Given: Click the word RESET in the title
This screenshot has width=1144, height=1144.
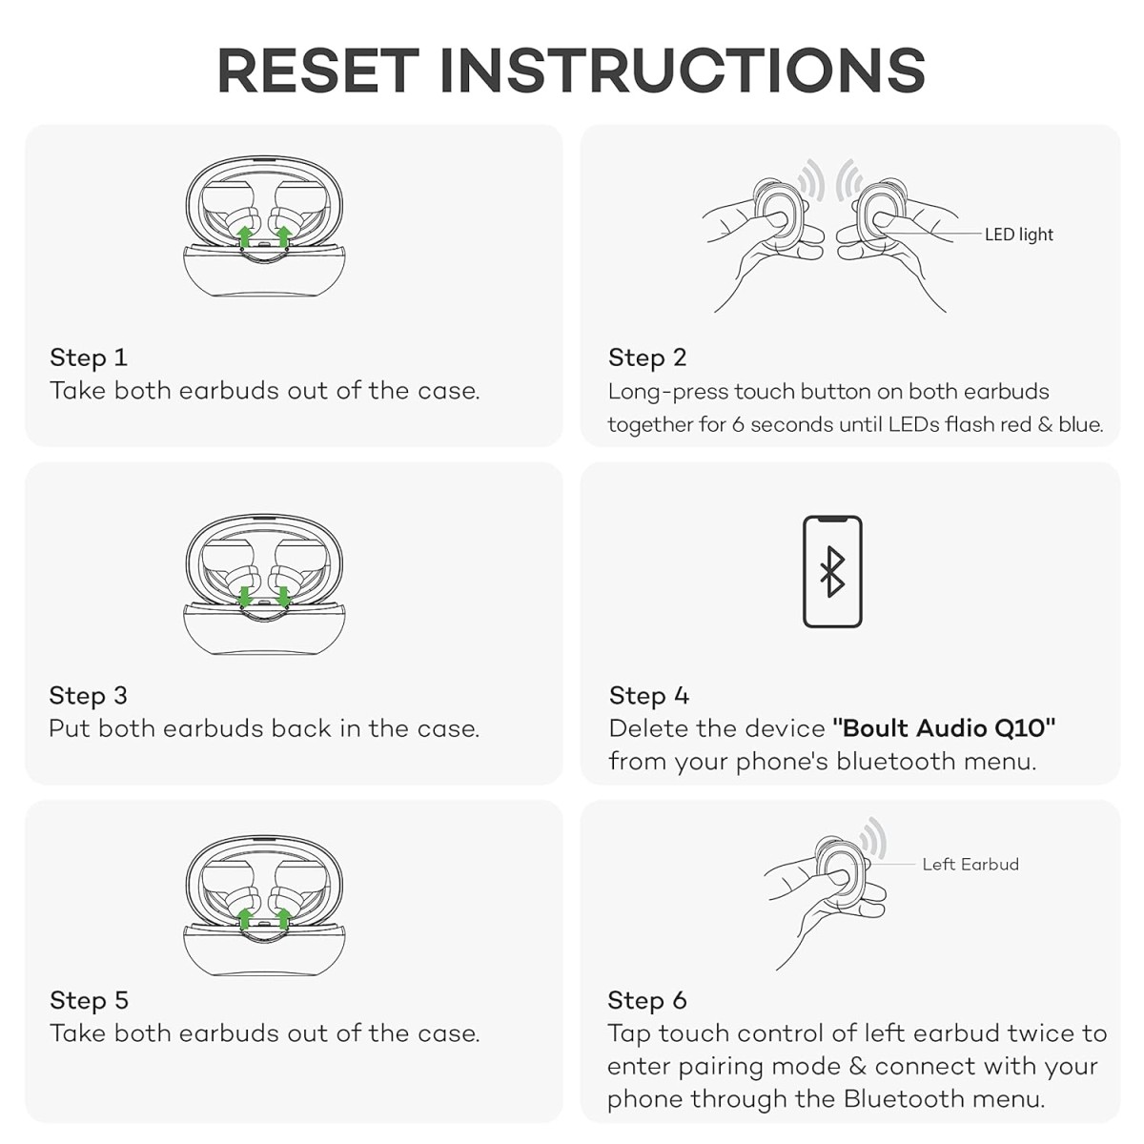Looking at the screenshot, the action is point(318,71).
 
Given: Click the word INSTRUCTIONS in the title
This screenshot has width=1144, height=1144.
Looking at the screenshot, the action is point(683,71).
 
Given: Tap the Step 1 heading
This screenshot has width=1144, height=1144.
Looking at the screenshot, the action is point(89,357).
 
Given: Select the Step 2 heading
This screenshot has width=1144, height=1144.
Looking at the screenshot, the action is point(647,357).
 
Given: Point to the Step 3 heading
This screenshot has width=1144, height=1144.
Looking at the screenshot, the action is point(89,695).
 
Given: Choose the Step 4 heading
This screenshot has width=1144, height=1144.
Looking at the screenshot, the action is point(649,695).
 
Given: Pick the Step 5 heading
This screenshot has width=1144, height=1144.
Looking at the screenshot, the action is point(89,1000).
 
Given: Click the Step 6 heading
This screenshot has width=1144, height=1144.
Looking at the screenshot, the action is point(647,1000).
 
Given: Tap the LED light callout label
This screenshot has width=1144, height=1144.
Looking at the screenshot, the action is point(1019,235).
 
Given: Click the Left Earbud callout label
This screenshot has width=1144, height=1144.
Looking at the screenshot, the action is point(970,864).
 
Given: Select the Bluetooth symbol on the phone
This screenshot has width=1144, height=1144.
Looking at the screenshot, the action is point(832,572).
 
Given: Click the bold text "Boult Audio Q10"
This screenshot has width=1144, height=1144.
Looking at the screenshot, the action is point(944,727).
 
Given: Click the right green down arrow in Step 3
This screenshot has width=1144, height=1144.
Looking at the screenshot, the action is point(284,597).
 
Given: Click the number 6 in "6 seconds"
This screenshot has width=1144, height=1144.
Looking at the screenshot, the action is point(738,424).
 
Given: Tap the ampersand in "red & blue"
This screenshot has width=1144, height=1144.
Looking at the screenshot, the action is point(1045,424).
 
